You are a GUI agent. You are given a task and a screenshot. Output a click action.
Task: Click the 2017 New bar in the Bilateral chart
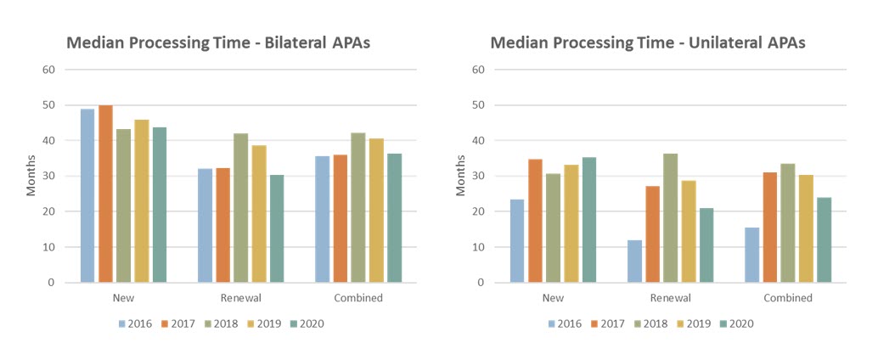tap(105, 194)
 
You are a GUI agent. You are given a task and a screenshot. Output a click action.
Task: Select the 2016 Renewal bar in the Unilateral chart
tap(634, 261)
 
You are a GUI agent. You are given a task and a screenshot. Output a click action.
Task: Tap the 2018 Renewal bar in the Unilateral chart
tap(671, 217)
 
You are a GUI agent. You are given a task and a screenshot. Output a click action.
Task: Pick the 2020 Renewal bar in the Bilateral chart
tap(278, 228)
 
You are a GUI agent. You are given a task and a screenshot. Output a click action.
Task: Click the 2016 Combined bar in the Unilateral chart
tap(751, 255)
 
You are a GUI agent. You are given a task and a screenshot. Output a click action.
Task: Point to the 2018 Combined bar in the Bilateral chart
tap(358, 207)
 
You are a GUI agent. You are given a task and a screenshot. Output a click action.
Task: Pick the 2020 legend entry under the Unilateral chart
tap(735, 323)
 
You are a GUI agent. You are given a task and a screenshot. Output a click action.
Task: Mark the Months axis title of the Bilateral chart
tap(31, 176)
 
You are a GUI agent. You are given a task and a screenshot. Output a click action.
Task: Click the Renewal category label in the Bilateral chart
tap(241, 298)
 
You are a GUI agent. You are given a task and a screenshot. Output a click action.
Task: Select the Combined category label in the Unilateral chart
tap(787, 298)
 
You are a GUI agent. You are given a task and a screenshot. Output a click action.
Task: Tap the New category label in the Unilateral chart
tap(553, 298)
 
